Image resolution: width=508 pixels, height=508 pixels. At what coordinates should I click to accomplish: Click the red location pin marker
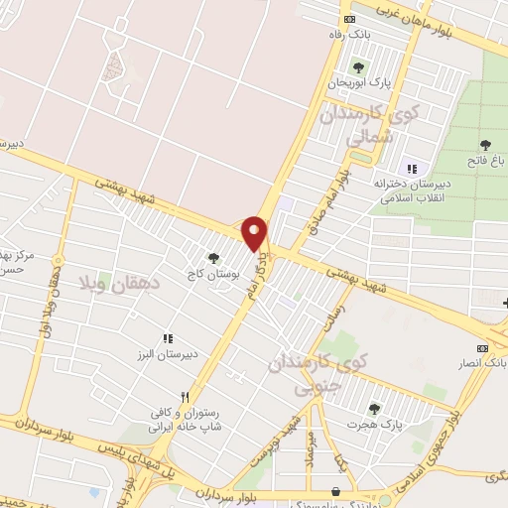click(255, 232)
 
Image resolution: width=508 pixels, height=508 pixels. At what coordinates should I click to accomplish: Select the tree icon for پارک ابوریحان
click(357, 67)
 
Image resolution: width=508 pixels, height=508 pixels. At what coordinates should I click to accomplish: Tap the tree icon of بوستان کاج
click(213, 256)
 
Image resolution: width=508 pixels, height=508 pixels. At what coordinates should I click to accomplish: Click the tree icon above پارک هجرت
click(374, 408)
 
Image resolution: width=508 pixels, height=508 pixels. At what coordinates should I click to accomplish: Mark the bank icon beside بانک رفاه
click(347, 19)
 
